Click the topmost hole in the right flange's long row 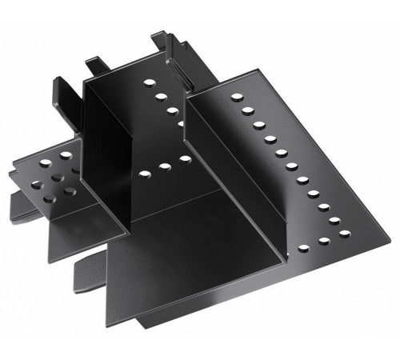[238, 97]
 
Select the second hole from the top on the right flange [248, 110]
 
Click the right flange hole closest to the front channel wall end [304, 248]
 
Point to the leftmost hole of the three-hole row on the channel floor [144, 173]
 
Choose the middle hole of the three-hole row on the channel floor [165, 166]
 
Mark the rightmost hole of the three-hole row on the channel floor [185, 159]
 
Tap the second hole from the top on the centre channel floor [161, 96]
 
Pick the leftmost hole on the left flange [36, 185]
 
